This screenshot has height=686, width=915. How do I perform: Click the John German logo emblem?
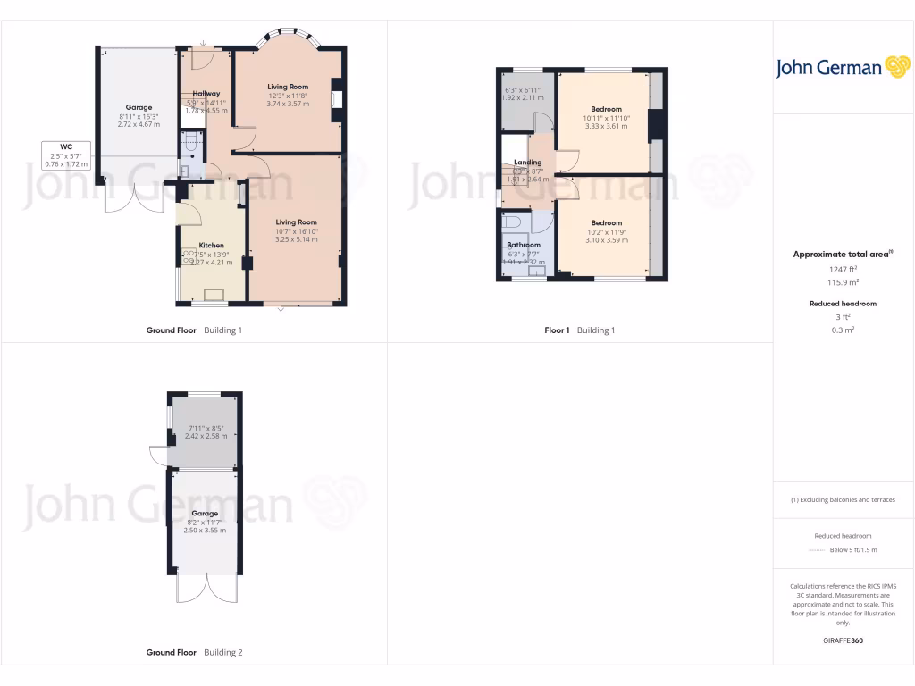[x=896, y=67]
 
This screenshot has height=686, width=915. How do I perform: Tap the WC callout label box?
[x=66, y=155]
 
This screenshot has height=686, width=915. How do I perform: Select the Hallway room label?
[x=206, y=93]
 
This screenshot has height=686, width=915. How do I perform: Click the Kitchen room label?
[x=212, y=245]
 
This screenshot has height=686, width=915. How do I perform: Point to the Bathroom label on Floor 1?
[x=524, y=245]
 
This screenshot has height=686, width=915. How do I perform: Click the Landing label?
[x=528, y=163]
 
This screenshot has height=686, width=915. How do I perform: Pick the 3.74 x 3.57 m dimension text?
[x=288, y=105]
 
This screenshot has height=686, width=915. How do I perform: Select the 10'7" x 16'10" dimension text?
[x=296, y=231]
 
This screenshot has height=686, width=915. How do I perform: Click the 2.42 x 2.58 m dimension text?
[x=206, y=436]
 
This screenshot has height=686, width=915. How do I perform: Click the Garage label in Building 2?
[x=205, y=514]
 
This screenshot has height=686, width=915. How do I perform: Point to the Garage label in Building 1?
[x=139, y=107]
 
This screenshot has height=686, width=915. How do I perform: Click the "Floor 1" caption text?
[x=557, y=330]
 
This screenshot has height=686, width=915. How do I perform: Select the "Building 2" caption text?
[x=222, y=653]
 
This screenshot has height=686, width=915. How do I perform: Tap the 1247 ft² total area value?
[x=843, y=269]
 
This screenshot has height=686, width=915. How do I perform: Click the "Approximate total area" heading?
[x=841, y=255]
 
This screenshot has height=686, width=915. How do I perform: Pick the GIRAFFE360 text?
[x=843, y=640]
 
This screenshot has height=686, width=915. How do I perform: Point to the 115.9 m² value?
[x=843, y=282]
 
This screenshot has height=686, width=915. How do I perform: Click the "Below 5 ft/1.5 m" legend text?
[x=853, y=550]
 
